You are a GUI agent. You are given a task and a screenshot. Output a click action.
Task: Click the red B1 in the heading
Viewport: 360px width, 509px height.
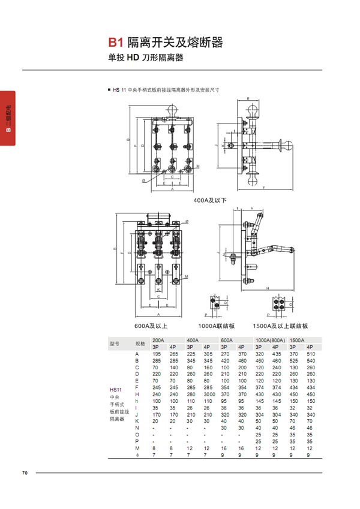[116, 43]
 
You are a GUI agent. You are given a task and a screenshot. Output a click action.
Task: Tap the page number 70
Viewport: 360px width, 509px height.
[25, 473]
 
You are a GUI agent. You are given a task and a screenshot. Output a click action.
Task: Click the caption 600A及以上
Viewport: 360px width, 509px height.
[151, 326]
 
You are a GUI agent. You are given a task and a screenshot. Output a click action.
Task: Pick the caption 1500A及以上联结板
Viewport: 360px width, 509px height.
[280, 326]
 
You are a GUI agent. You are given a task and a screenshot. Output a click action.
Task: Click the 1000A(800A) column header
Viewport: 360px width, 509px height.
[270, 340]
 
